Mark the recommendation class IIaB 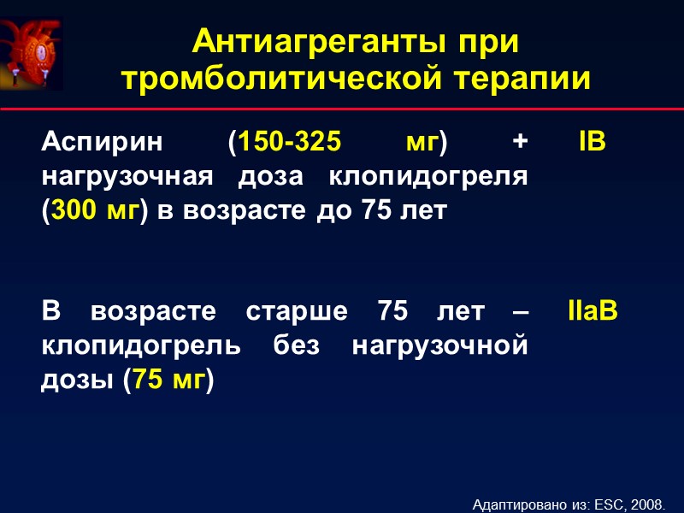592,312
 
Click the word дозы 77,380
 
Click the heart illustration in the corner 32,53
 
